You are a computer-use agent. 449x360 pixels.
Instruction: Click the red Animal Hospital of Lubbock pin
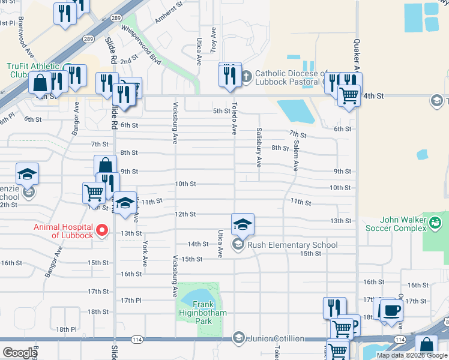click(x=102, y=230)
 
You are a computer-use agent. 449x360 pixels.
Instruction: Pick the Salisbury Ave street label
click(x=259, y=147)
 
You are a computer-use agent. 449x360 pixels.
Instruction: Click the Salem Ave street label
click(x=296, y=156)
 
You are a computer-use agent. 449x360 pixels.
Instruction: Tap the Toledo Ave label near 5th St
click(x=235, y=117)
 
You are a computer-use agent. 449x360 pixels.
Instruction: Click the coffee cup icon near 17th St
click(x=391, y=310)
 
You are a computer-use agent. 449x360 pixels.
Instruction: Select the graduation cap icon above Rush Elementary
click(x=243, y=224)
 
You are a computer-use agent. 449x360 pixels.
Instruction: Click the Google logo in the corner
click(x=20, y=352)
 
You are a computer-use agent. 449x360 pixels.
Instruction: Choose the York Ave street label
click(x=145, y=254)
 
